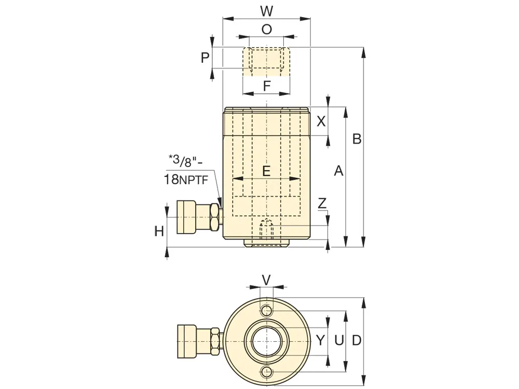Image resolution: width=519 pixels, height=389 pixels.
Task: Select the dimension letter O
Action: tap(266, 30)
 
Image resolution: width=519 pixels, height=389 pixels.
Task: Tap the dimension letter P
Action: tap(205, 58)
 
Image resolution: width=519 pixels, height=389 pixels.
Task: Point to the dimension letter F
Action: tap(267, 86)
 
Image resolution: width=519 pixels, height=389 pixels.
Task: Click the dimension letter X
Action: tap(321, 121)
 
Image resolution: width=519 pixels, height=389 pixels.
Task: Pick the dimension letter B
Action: tap(357, 138)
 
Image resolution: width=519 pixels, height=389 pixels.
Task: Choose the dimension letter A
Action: tap(338, 171)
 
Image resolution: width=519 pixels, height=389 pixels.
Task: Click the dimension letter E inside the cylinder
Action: tap(266, 171)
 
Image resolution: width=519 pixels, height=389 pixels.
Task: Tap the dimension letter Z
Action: tap(322, 203)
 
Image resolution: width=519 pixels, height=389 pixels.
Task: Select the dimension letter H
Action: tap(159, 231)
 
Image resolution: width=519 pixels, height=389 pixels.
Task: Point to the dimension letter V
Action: tap(266, 280)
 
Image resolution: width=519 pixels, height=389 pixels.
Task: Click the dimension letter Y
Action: tap(320, 340)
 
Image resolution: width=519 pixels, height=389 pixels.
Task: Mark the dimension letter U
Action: tap(338, 340)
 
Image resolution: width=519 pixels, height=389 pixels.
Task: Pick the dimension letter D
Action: tap(356, 340)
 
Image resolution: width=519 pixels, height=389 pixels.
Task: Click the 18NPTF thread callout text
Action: tap(186, 179)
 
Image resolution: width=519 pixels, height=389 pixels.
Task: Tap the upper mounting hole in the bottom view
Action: tap(267, 311)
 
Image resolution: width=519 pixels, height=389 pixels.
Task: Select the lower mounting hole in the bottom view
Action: tap(267, 372)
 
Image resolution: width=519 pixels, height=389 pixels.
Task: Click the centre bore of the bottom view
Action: tap(267, 341)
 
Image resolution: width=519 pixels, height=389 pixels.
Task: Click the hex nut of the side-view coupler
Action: tap(214, 217)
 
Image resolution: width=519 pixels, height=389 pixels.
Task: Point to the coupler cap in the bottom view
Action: tap(187, 341)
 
